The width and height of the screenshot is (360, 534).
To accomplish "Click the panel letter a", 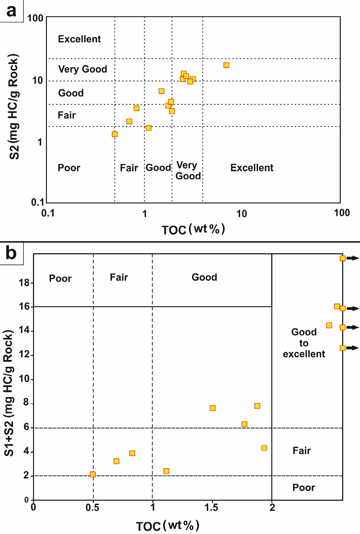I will [x=12, y=10].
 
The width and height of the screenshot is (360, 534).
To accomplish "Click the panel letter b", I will [x=11, y=253].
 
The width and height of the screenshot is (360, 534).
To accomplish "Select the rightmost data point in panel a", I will [x=226, y=65].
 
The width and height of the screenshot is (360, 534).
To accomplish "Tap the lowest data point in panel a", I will [x=115, y=134].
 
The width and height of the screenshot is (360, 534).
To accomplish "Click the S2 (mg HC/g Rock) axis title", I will [x=14, y=107].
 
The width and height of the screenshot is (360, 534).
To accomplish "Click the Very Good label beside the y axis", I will [x=82, y=69].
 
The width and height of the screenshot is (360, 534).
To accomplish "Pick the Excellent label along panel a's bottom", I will [x=252, y=168].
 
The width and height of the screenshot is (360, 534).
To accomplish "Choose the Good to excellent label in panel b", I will [x=304, y=343].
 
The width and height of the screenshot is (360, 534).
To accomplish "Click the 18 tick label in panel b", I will [x=24, y=283].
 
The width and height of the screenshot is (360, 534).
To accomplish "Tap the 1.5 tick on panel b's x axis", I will [x=211, y=508].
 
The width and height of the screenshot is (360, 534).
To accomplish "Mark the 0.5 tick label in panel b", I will [x=93, y=508].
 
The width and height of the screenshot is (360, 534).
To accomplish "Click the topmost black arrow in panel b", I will [x=353, y=258].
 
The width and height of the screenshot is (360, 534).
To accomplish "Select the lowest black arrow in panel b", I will [x=353, y=348].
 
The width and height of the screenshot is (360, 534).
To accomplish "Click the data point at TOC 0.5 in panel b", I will [x=93, y=474].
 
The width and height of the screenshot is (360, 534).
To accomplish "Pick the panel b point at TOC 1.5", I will [x=213, y=408].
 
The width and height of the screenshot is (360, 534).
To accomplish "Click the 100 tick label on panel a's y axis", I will [x=35, y=18].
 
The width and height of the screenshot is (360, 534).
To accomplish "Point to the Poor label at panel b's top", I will [x=60, y=279].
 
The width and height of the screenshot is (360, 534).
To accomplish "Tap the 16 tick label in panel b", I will [x=24, y=306].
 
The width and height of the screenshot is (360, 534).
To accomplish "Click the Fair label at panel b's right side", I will [x=301, y=451].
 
